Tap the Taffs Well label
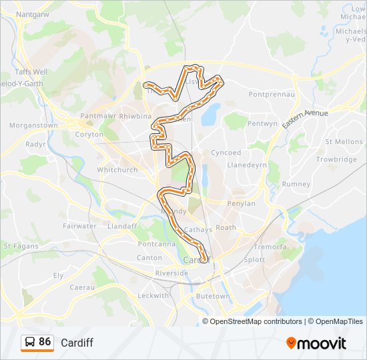(31, 71)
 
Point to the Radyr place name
(35, 143)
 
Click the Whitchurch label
(117, 170)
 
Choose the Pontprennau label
(272, 95)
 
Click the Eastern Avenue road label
(305, 120)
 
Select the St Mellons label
(344, 141)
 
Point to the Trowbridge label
(336, 159)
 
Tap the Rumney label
(296, 184)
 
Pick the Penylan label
(242, 203)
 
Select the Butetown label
(213, 295)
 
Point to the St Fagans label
(17, 246)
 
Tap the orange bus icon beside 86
(30, 343)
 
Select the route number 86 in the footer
(45, 342)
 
